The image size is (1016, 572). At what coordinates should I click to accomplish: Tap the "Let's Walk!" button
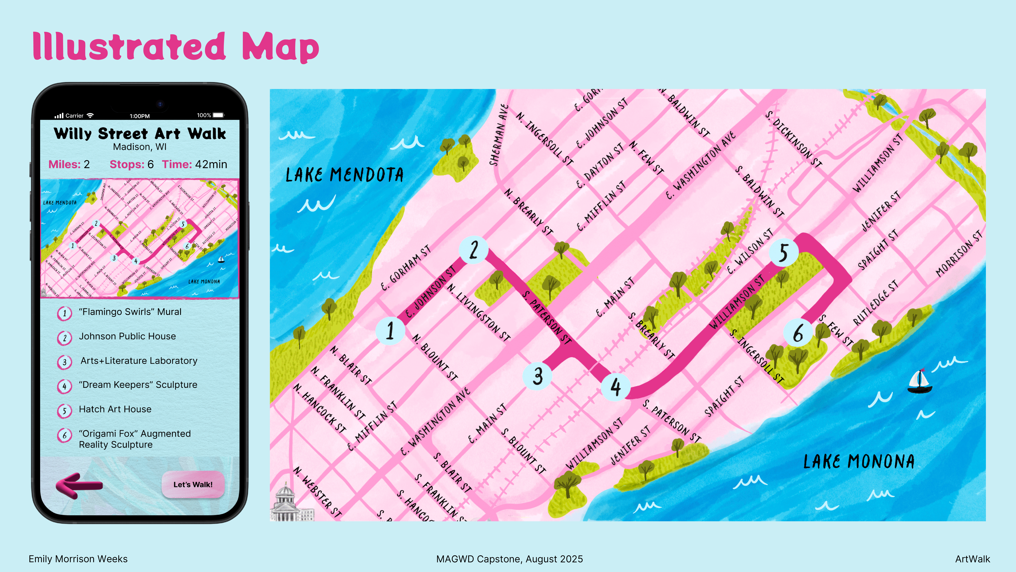point(193,484)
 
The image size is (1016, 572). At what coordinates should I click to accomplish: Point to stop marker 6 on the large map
point(798,333)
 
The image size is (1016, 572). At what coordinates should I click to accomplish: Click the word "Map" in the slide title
point(280,47)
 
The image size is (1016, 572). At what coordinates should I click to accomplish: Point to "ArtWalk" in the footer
point(972,559)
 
